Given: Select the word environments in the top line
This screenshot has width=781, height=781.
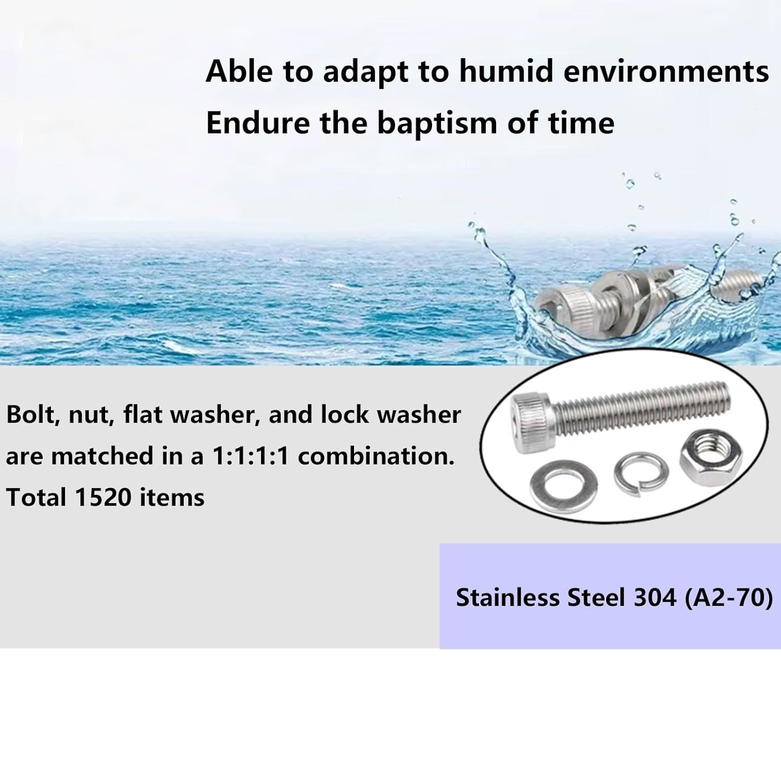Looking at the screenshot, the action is [666, 71].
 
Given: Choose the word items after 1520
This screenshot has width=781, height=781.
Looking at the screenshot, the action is [172, 497].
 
